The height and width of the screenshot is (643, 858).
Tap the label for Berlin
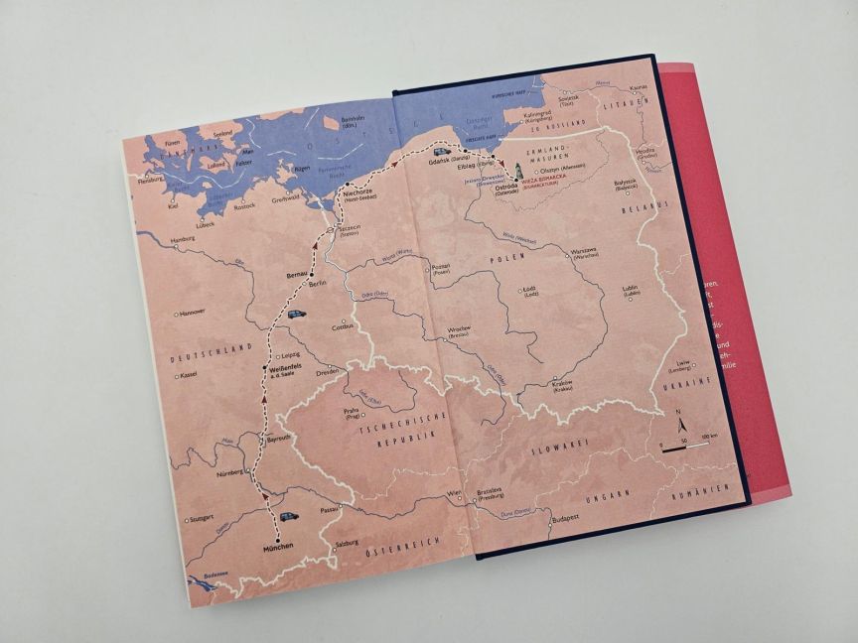318,283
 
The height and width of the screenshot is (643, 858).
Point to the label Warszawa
583,250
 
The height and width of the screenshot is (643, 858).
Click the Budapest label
566,518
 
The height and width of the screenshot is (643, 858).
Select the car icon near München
288,516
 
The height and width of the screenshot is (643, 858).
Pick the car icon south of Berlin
296,315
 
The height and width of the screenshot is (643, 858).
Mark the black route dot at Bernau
312,273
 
